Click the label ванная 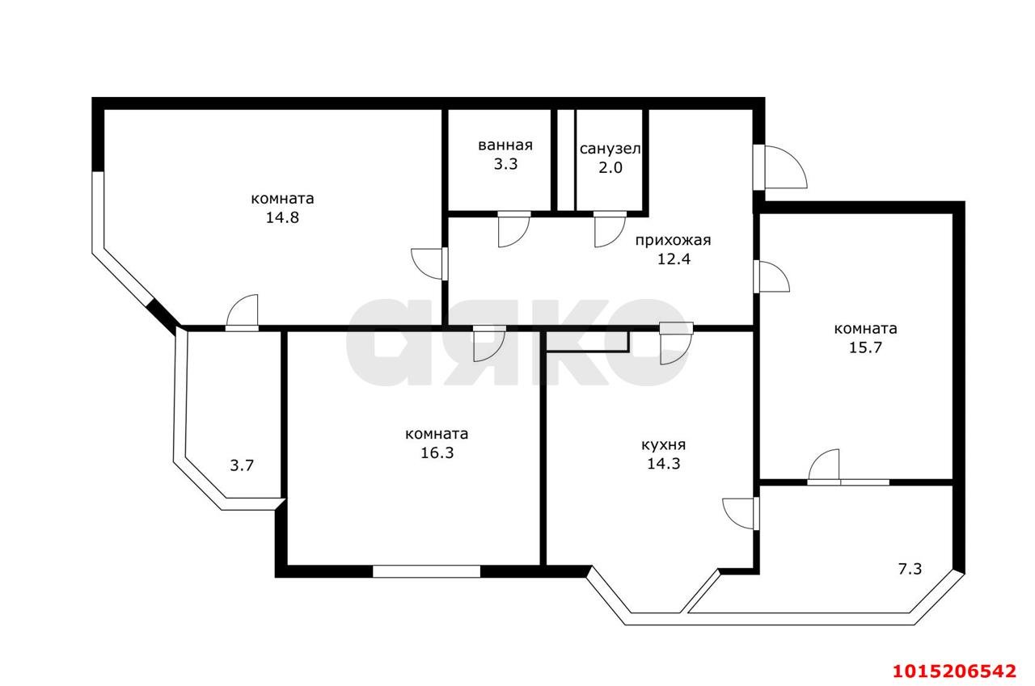[x=505, y=145]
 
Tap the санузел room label [x=610, y=149]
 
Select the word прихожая [x=672, y=240]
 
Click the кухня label [x=663, y=444]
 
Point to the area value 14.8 [x=282, y=217]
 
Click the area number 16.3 [x=436, y=452]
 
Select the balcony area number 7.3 [x=910, y=569]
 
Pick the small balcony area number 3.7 [x=243, y=465]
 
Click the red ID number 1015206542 [x=953, y=671]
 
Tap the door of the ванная [x=513, y=229]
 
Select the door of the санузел [x=609, y=229]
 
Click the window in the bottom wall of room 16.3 [x=426, y=571]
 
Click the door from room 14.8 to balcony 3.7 [x=242, y=314]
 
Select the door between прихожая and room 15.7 [x=772, y=276]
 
